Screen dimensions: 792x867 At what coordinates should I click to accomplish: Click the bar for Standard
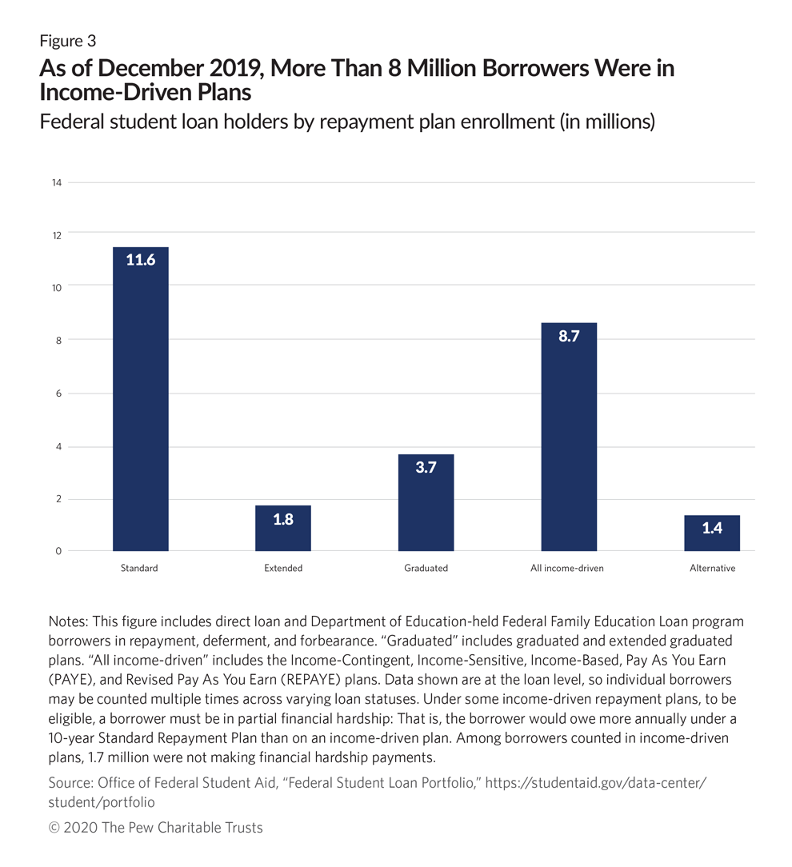[141, 398]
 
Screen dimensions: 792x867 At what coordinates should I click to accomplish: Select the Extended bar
[283, 528]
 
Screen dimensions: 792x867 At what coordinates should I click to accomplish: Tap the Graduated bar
[426, 502]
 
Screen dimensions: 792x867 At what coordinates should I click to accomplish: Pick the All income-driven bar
[569, 437]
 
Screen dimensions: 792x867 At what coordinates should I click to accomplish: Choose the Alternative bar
[712, 533]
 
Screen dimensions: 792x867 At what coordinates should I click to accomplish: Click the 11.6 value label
[141, 260]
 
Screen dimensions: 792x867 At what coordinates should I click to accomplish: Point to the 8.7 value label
[569, 336]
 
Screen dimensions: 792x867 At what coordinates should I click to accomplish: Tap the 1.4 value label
[712, 528]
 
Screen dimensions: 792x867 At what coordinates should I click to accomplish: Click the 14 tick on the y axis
[57, 182]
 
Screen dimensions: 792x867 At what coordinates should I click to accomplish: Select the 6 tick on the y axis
[58, 394]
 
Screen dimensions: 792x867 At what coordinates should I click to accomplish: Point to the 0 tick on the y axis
[58, 551]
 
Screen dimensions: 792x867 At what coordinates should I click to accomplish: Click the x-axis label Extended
[283, 568]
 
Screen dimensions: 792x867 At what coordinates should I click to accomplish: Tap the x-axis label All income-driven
[567, 568]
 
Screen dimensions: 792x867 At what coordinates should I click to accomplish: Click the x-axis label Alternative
[712, 568]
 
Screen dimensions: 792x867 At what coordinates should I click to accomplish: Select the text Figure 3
[67, 42]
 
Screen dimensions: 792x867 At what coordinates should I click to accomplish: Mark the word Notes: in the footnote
[68, 621]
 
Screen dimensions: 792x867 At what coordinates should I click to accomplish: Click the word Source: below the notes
[70, 783]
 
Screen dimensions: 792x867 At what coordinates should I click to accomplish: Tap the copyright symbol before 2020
[54, 828]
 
